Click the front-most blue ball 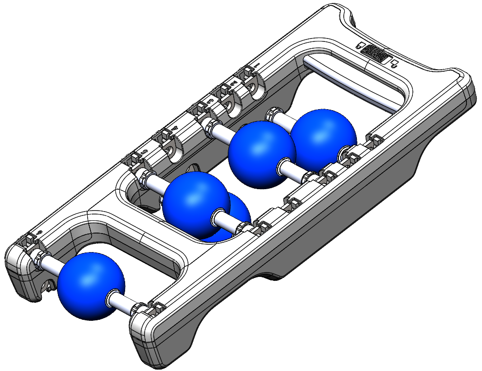91,286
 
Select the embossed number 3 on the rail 210,101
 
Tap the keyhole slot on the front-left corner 48,285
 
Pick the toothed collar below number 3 209,126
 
